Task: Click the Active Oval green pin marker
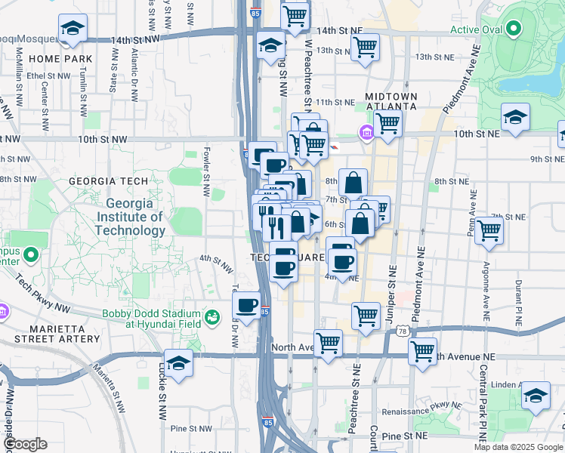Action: [x=514, y=30]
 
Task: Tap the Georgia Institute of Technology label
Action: [x=135, y=216]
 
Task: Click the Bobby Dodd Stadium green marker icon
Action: [x=213, y=316]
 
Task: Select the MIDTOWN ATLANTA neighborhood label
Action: [x=391, y=101]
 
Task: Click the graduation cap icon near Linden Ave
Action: [x=536, y=396]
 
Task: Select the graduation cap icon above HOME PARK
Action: [x=73, y=29]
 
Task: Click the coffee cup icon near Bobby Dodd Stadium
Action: [x=248, y=306]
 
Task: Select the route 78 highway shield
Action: [x=404, y=331]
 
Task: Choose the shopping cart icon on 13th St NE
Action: [x=365, y=48]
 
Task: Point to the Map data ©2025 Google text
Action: [x=517, y=447]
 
